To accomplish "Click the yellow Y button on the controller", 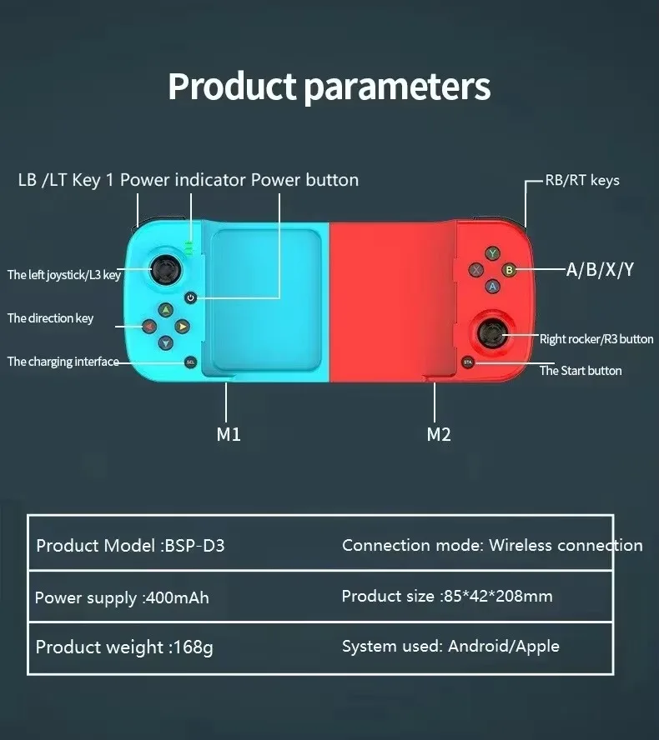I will [493, 252].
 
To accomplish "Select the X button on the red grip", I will [476, 269].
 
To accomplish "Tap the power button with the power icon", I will [191, 297].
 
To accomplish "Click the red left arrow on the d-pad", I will [148, 327].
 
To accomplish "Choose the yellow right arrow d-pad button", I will [182, 327].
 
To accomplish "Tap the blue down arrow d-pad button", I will [165, 342].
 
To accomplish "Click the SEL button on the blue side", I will [190, 362].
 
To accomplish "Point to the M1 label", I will [229, 434].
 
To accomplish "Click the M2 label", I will [439, 434].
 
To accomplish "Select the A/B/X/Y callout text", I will [600, 269].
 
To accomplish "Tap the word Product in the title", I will [232, 87].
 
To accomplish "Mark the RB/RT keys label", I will [582, 180].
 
